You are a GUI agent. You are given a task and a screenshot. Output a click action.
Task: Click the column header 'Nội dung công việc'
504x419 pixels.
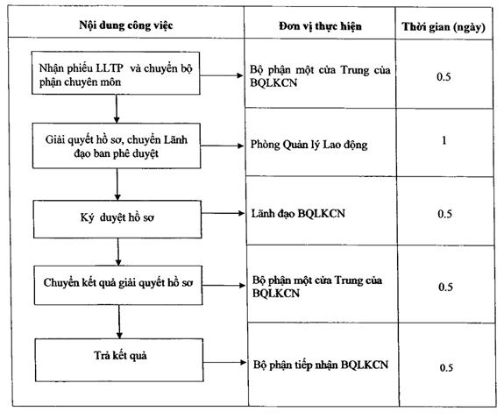(x=126, y=25)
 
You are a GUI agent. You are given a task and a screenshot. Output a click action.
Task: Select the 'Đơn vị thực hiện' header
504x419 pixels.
(x=320, y=26)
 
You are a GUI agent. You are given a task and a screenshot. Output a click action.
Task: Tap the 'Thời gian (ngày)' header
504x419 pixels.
(x=444, y=27)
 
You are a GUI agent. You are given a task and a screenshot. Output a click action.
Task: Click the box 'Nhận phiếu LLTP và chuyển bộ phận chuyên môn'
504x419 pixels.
(x=116, y=73)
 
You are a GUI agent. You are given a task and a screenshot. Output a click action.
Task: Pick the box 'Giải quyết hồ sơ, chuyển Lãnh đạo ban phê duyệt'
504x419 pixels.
(x=117, y=146)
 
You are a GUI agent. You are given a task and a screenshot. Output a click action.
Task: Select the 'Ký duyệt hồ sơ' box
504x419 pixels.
(x=117, y=219)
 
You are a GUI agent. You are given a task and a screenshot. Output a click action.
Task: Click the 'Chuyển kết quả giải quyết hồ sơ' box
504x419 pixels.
(x=118, y=285)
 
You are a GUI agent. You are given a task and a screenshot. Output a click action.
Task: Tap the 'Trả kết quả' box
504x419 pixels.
(x=119, y=360)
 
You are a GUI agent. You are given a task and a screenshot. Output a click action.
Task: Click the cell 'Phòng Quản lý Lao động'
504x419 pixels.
(x=309, y=145)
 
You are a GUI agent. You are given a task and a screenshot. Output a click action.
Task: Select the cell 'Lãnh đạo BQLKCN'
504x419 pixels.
(x=298, y=214)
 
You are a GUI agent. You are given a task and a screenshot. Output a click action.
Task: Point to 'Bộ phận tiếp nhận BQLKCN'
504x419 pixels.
(x=321, y=365)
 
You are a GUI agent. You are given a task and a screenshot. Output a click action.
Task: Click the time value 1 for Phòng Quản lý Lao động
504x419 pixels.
(x=444, y=140)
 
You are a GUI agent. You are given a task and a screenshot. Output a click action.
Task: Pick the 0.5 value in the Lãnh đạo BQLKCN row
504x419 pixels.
(x=445, y=214)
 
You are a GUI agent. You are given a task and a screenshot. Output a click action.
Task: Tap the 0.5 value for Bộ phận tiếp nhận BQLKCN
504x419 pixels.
(x=446, y=367)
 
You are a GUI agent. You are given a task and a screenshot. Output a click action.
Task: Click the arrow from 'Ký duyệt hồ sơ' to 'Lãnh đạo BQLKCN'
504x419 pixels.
(x=223, y=213)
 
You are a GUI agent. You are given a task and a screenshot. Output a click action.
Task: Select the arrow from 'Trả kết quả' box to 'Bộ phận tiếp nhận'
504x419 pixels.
(x=225, y=363)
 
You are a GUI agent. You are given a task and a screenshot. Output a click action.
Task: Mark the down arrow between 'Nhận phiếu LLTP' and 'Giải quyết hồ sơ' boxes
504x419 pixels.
(x=117, y=109)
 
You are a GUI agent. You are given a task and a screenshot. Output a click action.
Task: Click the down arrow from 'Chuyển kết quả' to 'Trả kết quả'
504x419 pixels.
(x=119, y=322)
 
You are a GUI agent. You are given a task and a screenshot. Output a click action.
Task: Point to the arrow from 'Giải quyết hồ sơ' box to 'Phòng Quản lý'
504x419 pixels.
(x=223, y=146)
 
